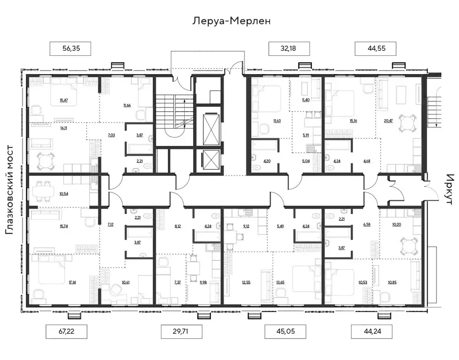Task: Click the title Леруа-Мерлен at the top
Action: pos(232,21)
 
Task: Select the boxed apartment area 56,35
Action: pos(70,49)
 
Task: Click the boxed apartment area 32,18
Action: pos(288,49)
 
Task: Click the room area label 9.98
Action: pos(202,283)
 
